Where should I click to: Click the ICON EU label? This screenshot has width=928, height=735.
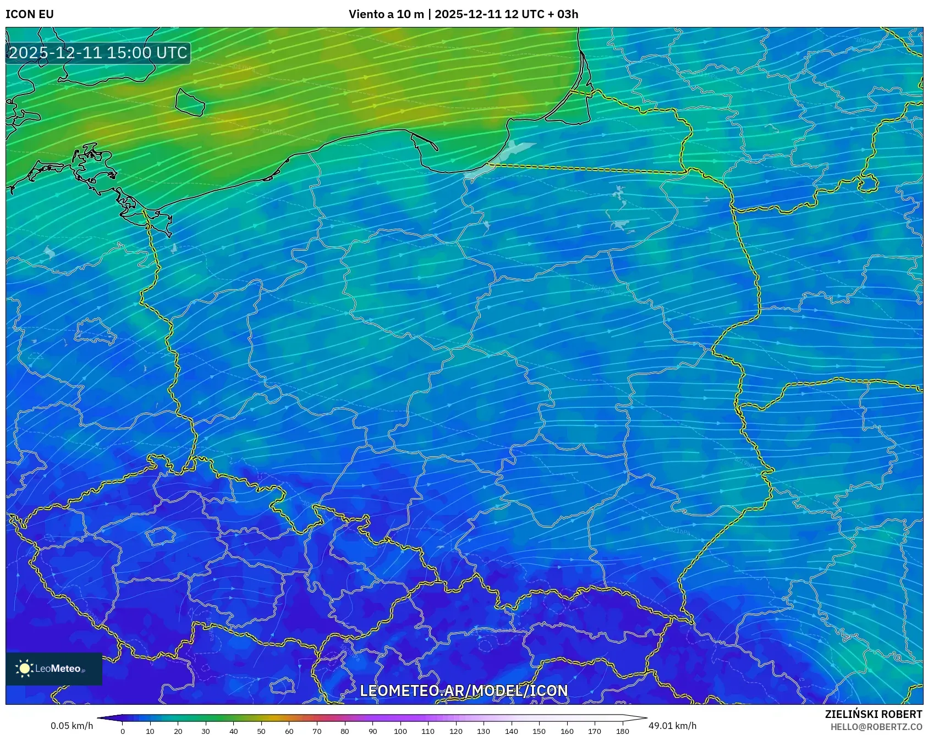[x=30, y=14]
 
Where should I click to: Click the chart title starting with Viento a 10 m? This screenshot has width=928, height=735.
[x=463, y=14]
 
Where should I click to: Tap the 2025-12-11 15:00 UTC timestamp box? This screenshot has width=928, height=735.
[x=98, y=53]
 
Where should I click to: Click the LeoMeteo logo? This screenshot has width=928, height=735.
[x=54, y=668]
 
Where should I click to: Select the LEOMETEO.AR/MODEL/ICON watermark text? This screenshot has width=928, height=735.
[x=463, y=690]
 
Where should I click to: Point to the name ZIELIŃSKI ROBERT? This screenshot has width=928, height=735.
[x=873, y=714]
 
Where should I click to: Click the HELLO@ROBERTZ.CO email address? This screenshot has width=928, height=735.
[x=876, y=727]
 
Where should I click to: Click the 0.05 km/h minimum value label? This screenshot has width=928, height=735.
[x=72, y=726]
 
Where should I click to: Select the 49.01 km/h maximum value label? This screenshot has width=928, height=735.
[x=672, y=726]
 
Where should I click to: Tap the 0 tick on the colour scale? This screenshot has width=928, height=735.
[x=123, y=731]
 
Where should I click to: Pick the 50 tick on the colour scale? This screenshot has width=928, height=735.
[x=261, y=731]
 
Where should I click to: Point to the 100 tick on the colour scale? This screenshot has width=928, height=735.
[x=400, y=731]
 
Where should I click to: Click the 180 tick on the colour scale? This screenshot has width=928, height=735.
[x=622, y=731]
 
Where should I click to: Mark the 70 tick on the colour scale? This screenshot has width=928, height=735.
[x=317, y=731]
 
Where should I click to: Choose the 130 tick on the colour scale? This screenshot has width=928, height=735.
[x=484, y=731]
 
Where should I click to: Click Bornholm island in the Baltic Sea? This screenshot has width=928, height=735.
[x=190, y=102]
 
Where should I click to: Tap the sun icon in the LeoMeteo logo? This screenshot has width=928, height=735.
[x=24, y=668]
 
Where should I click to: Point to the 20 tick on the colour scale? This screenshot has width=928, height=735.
[x=178, y=731]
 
